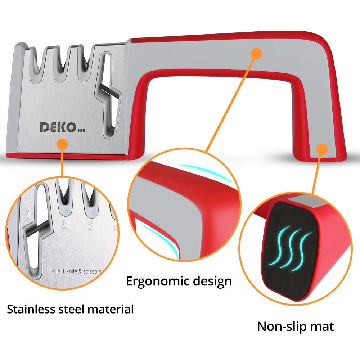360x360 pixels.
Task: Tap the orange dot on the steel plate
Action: click(63, 145)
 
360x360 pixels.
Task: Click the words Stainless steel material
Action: click(70, 309)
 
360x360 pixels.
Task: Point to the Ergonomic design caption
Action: click(179, 281)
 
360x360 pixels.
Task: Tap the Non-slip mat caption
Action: click(295, 326)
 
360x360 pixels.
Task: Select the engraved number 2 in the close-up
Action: click(65, 224)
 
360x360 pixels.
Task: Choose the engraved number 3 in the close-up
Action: click(91, 225)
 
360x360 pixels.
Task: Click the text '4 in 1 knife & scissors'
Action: click(76, 271)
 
